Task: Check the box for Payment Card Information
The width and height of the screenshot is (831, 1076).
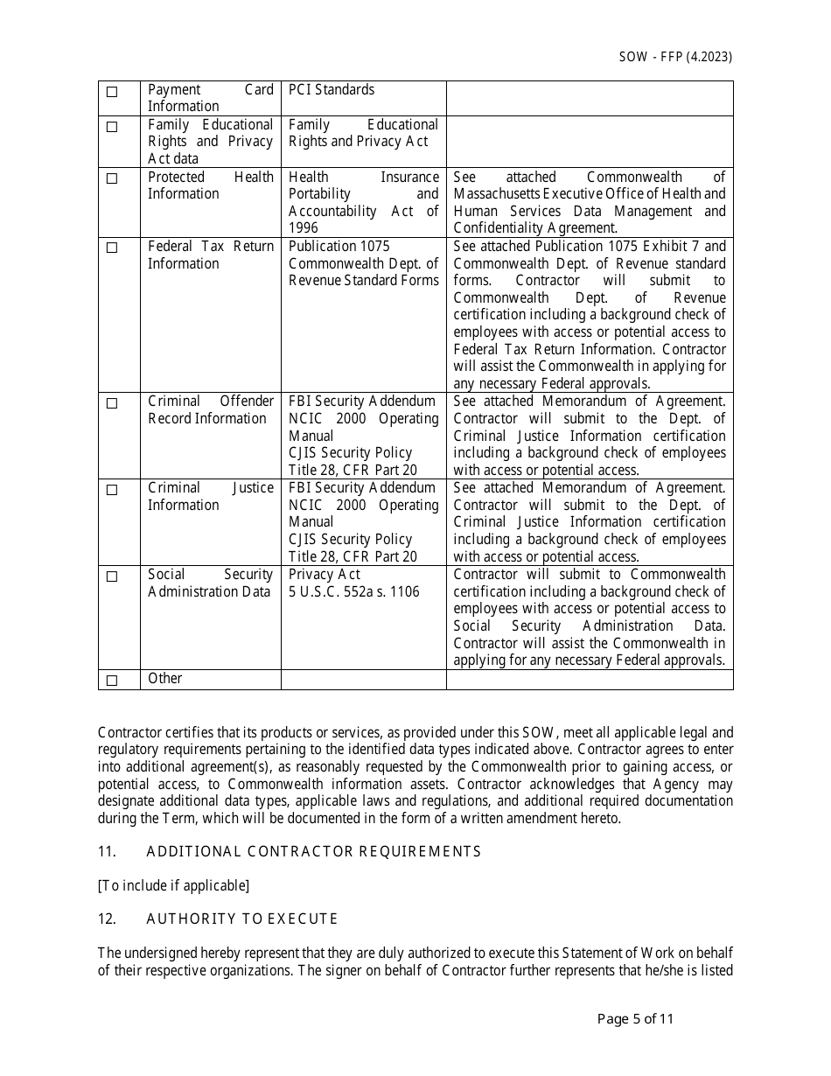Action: [x=112, y=92]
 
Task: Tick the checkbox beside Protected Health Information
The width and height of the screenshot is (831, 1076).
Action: [x=112, y=178]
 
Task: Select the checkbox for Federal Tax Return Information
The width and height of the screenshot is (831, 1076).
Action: [x=112, y=248]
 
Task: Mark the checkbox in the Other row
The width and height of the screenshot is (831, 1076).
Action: [x=112, y=681]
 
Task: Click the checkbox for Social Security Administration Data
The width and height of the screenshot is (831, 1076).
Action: [x=112, y=576]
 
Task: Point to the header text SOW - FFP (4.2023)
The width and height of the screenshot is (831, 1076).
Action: [x=675, y=57]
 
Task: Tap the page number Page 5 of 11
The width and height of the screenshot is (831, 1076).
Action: [x=635, y=1018]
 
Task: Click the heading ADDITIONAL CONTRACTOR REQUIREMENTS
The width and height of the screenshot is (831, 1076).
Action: [x=313, y=851]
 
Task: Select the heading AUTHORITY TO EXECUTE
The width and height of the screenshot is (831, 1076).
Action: [x=241, y=919]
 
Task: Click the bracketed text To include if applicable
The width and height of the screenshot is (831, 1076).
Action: [x=173, y=885]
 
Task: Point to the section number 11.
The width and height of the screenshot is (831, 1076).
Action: [x=107, y=851]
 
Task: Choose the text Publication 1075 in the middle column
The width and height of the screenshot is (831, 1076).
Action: [x=339, y=247]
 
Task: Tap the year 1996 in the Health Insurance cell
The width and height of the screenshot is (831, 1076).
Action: [x=304, y=228]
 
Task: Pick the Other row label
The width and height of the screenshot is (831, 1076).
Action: [x=165, y=679]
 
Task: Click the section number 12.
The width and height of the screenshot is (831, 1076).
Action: [x=107, y=919]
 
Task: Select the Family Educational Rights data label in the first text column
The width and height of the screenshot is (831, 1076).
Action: [x=210, y=141]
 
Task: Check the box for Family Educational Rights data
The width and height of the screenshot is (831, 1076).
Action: [x=112, y=127]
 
